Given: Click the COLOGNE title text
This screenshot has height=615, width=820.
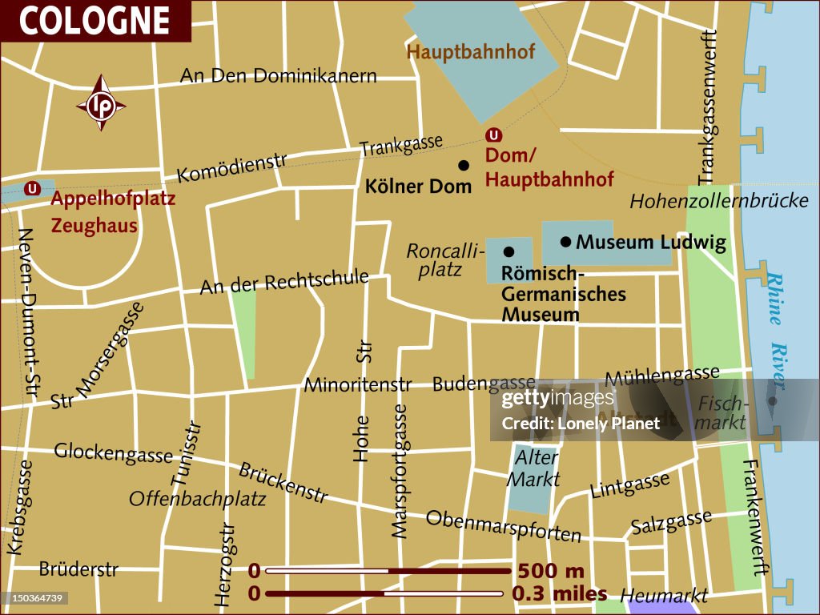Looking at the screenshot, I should (x=94, y=21).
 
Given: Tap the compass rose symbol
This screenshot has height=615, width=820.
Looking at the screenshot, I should (x=101, y=104).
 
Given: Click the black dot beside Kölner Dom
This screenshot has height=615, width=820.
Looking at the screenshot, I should (x=463, y=165).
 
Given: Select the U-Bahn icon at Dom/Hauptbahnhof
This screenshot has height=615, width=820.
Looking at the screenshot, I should (x=494, y=135).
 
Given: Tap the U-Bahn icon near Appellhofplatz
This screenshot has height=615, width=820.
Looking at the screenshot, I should (x=33, y=189).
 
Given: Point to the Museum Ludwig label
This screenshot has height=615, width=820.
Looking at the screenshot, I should (x=650, y=242).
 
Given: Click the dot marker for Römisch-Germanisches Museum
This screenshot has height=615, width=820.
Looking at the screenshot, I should (x=508, y=251).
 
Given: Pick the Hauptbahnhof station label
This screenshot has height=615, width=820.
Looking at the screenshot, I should (x=471, y=52).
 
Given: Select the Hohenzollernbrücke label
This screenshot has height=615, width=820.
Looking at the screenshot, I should (x=718, y=201).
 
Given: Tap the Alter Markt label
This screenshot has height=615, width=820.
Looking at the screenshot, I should (x=536, y=468).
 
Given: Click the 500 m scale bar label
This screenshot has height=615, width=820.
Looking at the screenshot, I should (x=551, y=572).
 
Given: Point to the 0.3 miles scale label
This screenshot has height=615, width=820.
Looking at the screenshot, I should (x=558, y=594).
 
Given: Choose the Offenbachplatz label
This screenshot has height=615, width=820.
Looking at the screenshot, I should (x=197, y=499).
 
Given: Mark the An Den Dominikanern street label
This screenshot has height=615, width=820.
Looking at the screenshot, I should (x=278, y=76).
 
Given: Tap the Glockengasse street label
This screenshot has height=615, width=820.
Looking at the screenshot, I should (x=113, y=452).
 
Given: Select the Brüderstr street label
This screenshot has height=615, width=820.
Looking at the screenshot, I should (x=78, y=570).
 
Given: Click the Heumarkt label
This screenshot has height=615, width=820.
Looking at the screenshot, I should (x=664, y=596).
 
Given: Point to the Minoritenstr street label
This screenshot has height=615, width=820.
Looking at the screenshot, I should (x=357, y=385).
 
